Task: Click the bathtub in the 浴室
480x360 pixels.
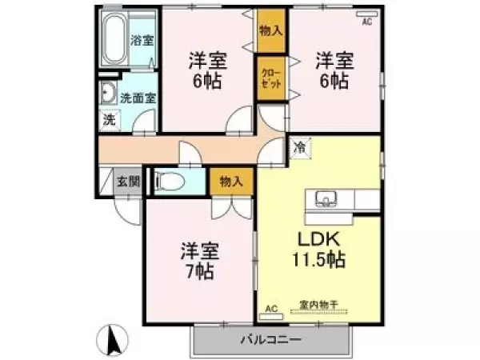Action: [x=114, y=38]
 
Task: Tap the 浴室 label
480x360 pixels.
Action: [x=142, y=40]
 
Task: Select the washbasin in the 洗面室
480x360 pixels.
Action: [x=108, y=92]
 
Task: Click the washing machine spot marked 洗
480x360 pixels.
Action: [x=110, y=119]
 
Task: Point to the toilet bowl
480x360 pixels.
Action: [x=169, y=182]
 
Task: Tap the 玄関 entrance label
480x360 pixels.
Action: [x=129, y=182]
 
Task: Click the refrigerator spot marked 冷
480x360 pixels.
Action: [x=300, y=148]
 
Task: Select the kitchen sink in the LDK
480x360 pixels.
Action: [x=326, y=198]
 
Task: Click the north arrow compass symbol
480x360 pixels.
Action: [x=112, y=339]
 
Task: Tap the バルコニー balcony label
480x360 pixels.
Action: [x=271, y=339]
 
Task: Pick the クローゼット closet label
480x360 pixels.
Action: [x=271, y=78]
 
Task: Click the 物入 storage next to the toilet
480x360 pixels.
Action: [x=231, y=182]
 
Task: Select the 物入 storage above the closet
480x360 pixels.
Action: [x=271, y=30]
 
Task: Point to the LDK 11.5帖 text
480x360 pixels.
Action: [x=318, y=250]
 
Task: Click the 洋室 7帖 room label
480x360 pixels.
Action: [x=199, y=261]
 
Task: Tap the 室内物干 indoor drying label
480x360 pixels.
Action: [x=318, y=305]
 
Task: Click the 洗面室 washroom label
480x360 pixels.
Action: [x=138, y=98]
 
